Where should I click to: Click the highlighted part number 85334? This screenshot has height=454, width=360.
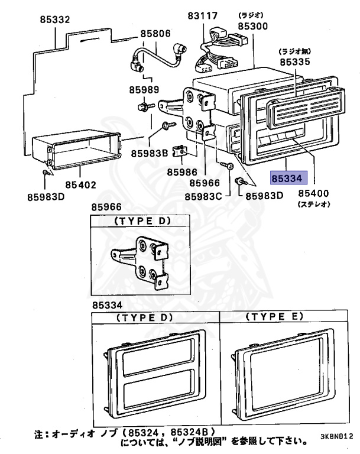[288, 176]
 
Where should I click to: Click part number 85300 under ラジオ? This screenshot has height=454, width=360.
[252, 27]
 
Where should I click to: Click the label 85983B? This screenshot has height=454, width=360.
[150, 153]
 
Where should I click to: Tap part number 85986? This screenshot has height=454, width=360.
[181, 172]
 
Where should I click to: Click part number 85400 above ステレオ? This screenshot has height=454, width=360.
[313, 193]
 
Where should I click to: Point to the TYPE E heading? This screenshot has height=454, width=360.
[273, 317]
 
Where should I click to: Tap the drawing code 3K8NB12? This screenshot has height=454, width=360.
[339, 438]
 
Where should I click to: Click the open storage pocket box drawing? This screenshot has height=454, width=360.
[76, 150]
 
